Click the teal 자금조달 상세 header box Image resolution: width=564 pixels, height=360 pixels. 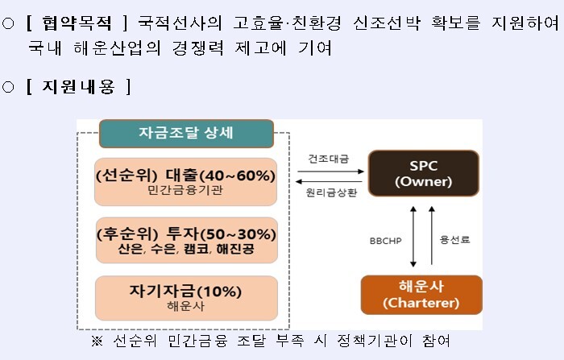(x=186, y=134)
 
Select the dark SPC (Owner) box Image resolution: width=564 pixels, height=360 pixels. (x=424, y=173)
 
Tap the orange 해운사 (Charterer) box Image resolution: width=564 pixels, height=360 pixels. (x=421, y=295)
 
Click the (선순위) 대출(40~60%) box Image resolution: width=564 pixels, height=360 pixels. (x=185, y=182)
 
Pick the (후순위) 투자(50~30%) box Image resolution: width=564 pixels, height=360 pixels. (x=187, y=240)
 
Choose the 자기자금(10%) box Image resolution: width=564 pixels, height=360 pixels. (x=186, y=298)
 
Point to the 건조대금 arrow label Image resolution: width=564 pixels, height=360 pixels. (x=329, y=159)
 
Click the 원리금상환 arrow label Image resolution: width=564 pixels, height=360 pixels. (x=331, y=192)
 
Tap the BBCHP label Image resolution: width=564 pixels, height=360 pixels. (x=386, y=241)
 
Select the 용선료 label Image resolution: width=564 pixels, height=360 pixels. (x=455, y=239)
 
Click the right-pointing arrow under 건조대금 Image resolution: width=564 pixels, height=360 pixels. (x=330, y=172)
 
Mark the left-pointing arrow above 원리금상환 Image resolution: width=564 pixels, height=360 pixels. (x=329, y=182)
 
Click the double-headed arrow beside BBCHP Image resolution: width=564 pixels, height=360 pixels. (x=413, y=237)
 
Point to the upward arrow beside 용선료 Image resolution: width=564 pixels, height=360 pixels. (x=432, y=235)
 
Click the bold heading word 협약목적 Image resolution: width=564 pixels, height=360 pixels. (x=77, y=23)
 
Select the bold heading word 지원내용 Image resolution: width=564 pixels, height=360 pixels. (x=78, y=87)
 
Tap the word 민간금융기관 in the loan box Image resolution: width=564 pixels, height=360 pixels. (x=185, y=190)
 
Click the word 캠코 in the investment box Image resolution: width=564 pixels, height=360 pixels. (x=197, y=249)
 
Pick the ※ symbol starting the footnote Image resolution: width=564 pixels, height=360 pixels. (x=97, y=341)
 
